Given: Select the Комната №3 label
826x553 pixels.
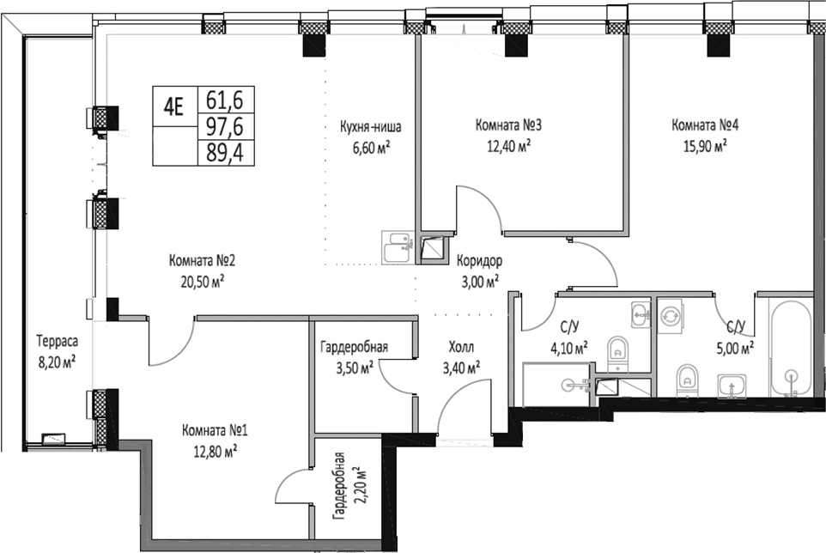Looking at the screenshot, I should [x=508, y=125].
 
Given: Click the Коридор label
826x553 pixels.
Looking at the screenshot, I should [x=479, y=262].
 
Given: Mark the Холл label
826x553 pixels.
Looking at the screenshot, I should [x=460, y=349].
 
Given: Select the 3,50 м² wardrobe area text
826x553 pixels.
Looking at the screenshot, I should [x=354, y=368].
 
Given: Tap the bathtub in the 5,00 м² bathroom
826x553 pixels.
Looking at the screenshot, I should [x=790, y=352].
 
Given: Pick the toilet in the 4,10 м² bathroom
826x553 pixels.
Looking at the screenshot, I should [x=617, y=352].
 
